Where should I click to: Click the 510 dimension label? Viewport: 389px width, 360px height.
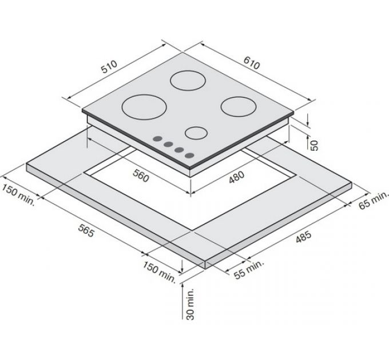pyautogui.click(x=109, y=67)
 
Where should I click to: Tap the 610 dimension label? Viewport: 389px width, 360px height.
pyautogui.click(x=252, y=63)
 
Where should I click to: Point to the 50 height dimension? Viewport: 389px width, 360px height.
pyautogui.click(x=314, y=146)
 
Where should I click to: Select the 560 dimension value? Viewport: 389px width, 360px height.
pyautogui.click(x=141, y=175)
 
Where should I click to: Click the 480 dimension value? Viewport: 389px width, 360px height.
pyautogui.click(x=236, y=177)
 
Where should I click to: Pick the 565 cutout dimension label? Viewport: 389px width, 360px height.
pyautogui.click(x=86, y=230)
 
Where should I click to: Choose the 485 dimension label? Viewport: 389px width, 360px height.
pyautogui.click(x=303, y=237)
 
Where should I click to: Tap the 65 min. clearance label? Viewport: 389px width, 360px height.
pyautogui.click(x=372, y=199)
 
